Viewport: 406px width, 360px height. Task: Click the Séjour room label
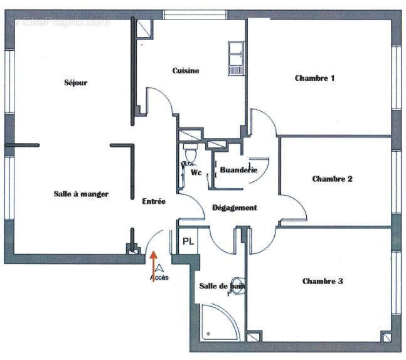(x=75, y=83)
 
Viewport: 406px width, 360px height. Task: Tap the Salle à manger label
(x=81, y=194)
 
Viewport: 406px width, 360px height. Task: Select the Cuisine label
(x=186, y=71)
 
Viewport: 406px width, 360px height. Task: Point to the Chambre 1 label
(x=314, y=78)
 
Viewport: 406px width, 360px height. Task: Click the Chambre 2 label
(x=332, y=179)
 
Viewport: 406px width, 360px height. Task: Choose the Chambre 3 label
(x=322, y=281)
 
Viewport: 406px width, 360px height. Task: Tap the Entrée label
(x=154, y=201)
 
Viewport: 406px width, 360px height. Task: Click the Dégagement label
(x=234, y=208)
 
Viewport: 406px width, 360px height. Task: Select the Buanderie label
(x=238, y=170)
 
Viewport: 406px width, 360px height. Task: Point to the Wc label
(x=196, y=172)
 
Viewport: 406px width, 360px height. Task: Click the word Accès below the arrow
(x=159, y=277)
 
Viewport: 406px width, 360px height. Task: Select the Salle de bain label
(x=222, y=286)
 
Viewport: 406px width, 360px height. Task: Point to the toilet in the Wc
(x=191, y=152)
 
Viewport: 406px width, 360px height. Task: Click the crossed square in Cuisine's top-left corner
(x=144, y=26)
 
